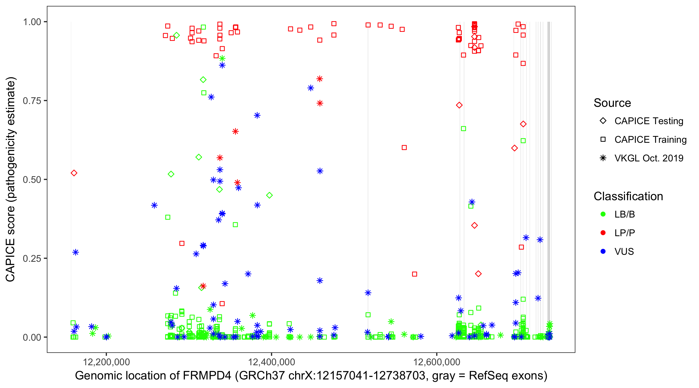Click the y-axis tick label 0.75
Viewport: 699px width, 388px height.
pos(32,101)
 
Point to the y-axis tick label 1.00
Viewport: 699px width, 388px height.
pos(32,22)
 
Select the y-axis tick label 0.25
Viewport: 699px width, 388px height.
pos(32,258)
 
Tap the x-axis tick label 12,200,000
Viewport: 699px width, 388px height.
pos(106,362)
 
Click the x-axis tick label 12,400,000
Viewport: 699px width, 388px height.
pos(271,362)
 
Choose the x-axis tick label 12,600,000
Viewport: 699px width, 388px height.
pos(436,362)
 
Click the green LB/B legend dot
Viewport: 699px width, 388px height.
pos(603,214)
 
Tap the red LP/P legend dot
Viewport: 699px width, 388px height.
pos(603,233)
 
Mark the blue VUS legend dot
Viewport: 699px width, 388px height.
pos(603,251)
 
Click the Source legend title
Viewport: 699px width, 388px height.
pos(612,103)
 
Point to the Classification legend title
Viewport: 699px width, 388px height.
pos(628,196)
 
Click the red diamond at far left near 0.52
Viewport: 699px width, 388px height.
pos(74,173)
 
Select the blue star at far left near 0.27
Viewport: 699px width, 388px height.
pos(76,252)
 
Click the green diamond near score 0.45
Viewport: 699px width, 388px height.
pos(269,195)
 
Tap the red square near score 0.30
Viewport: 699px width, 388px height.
pos(182,243)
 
